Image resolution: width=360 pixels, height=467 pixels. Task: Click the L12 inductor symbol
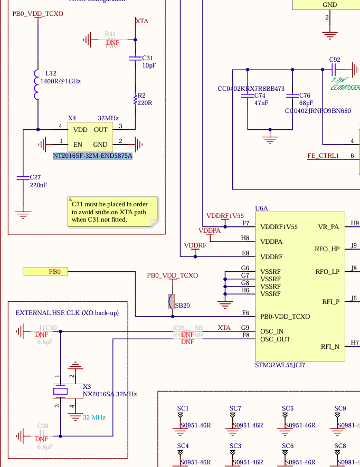point(37,84)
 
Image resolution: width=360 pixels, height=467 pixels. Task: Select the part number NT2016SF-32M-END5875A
point(93,156)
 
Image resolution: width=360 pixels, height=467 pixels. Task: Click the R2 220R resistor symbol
point(135,99)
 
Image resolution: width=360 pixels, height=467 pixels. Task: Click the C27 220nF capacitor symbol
point(22,178)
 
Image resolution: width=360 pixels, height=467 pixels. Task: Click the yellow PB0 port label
point(45,272)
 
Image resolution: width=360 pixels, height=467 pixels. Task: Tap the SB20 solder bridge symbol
point(171,301)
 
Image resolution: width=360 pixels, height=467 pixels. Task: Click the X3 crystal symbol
point(60,391)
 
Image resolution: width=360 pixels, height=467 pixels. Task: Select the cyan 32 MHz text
point(94,417)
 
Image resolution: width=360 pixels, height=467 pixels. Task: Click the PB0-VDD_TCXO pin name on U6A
point(285,317)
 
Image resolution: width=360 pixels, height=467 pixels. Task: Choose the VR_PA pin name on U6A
point(329,227)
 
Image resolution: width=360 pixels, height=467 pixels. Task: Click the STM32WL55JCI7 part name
point(280,365)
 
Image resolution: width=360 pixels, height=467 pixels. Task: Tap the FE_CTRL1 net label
point(324,156)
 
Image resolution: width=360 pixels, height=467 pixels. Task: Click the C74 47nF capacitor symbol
point(248,97)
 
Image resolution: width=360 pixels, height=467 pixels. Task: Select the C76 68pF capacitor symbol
point(292,97)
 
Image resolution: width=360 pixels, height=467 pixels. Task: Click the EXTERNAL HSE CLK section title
point(67,313)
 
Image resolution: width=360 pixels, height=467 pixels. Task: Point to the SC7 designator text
point(235,408)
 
